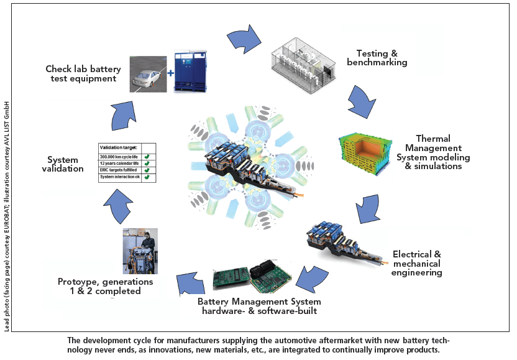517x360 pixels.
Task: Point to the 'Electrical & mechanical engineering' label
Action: pos(417,263)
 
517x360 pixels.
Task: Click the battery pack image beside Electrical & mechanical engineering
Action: pos(341,246)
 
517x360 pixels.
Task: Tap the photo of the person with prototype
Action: pos(139,251)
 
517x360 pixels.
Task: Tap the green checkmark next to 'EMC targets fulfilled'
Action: pos(147,170)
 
